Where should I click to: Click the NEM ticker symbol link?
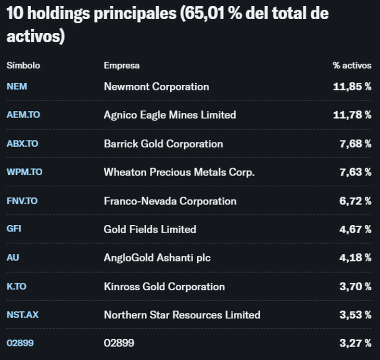click(x=17, y=86)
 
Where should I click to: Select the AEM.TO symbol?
click(x=23, y=115)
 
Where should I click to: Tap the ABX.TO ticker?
click(x=22, y=144)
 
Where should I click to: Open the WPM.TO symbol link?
click(x=24, y=172)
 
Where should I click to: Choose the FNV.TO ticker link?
click(x=22, y=201)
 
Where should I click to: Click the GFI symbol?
click(x=14, y=229)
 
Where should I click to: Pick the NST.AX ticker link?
click(x=22, y=315)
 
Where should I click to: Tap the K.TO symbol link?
click(x=17, y=286)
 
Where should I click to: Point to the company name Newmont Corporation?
click(x=156, y=86)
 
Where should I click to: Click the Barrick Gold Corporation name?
click(x=163, y=144)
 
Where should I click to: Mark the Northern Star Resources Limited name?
click(x=182, y=315)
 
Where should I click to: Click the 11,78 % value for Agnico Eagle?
click(x=352, y=115)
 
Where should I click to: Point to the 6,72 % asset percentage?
click(x=355, y=201)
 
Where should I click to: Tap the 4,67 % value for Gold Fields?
click(x=355, y=229)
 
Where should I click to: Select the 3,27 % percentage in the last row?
click(x=355, y=343)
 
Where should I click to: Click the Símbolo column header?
click(x=23, y=66)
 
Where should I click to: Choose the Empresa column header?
click(x=121, y=66)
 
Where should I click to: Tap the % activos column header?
click(x=352, y=66)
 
